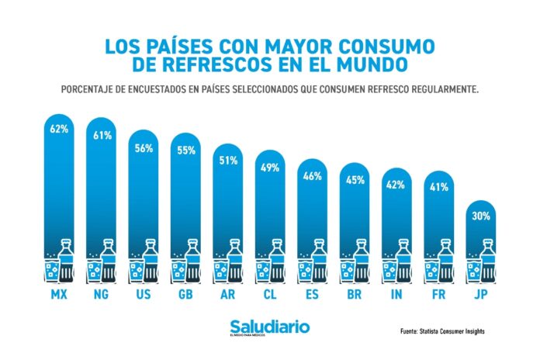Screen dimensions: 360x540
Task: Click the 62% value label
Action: click(x=60, y=130)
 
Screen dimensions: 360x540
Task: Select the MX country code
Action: click(x=60, y=296)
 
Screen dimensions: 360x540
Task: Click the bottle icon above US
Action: click(x=151, y=261)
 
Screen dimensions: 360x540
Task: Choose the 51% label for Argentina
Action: click(x=230, y=161)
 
